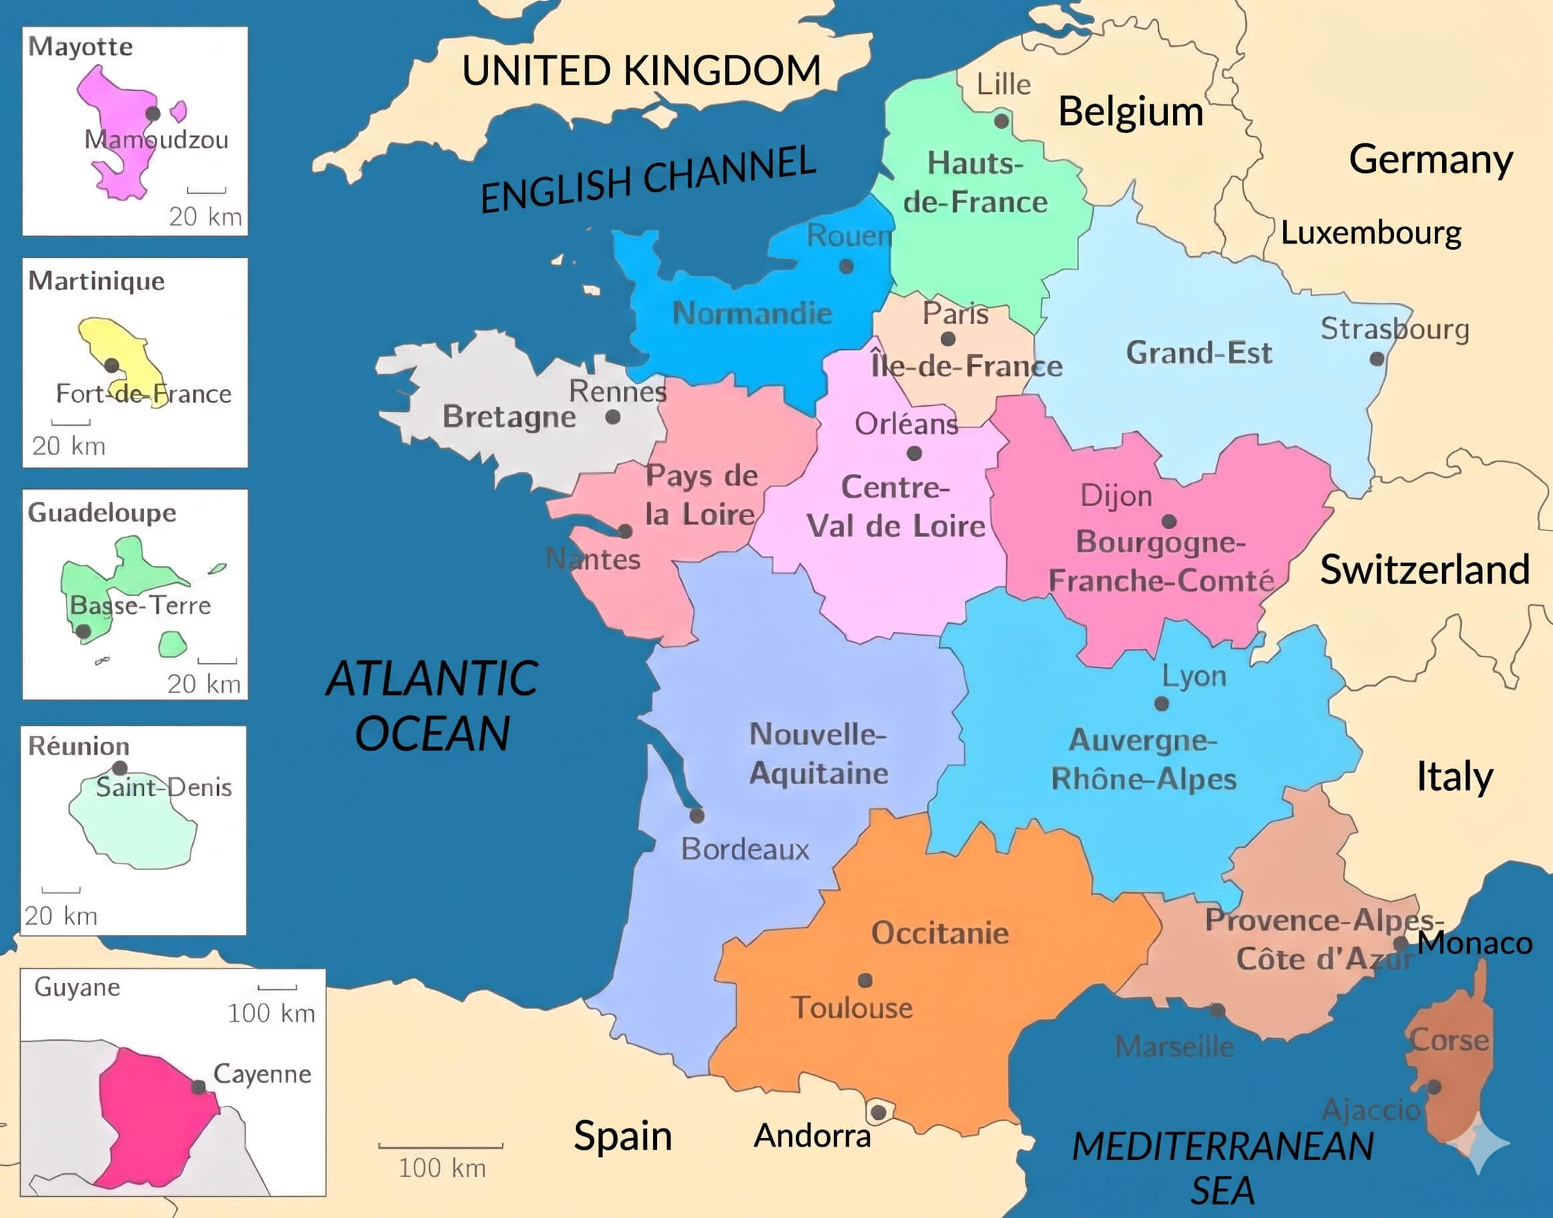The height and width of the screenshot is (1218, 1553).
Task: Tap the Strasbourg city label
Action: (1395, 329)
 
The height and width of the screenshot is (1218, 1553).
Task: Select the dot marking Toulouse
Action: (865, 980)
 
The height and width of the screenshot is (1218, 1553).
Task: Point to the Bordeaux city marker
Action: (696, 815)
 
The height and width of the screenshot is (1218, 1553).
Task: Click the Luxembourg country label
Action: (1371, 233)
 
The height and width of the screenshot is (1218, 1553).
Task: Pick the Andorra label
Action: (812, 1136)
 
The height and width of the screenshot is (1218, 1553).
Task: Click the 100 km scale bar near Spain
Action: (441, 1146)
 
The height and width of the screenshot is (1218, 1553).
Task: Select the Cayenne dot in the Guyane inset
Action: (199, 1087)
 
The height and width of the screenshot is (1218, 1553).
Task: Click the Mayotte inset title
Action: (80, 46)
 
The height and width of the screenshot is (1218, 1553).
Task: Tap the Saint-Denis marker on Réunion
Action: (120, 768)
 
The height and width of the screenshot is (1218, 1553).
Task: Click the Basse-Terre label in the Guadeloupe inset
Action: (140, 606)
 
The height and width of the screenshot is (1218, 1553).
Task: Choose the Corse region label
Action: (1450, 1040)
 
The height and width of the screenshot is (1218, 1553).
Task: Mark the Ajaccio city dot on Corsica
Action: (1434, 1087)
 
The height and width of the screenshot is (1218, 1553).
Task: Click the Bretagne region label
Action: (509, 417)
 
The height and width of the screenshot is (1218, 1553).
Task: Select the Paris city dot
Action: (947, 339)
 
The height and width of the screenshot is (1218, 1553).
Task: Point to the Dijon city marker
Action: (1168, 522)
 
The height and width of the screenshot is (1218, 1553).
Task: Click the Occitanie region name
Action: (940, 933)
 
